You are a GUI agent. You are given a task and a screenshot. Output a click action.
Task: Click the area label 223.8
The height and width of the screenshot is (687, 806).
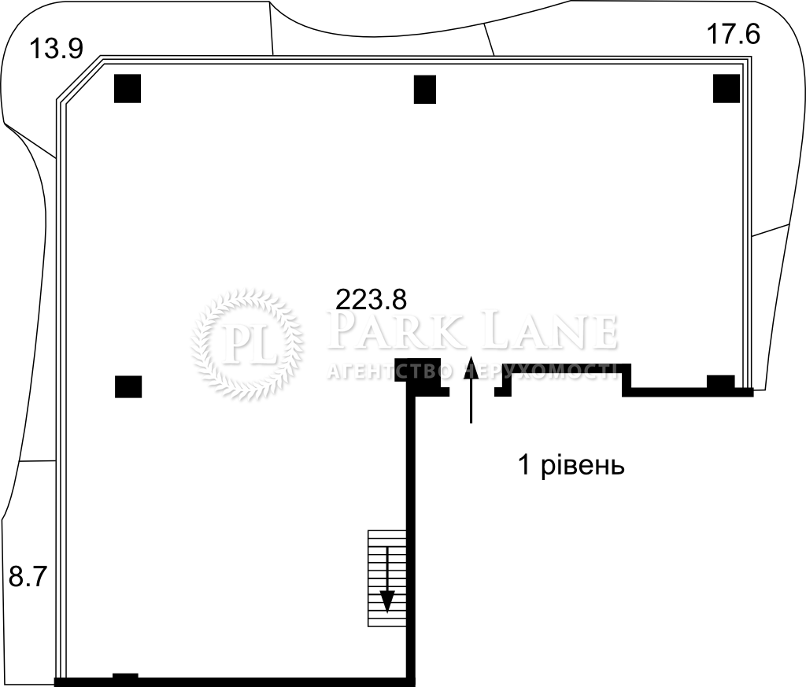tap(371, 299)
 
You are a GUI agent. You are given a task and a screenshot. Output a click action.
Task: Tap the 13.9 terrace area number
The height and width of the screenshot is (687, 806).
tap(56, 50)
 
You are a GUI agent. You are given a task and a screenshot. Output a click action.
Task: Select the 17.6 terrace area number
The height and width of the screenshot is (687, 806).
tap(733, 35)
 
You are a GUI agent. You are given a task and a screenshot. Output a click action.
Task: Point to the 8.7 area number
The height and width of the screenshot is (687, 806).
tap(28, 577)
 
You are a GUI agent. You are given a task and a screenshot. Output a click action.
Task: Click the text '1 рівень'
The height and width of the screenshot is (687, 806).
tap(571, 466)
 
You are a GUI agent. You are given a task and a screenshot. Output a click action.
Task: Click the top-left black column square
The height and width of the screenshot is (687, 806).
tap(128, 88)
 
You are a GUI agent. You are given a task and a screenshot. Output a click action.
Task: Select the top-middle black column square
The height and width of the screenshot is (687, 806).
tap(424, 90)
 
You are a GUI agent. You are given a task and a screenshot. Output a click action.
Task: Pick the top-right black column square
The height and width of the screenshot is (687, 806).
tap(727, 88)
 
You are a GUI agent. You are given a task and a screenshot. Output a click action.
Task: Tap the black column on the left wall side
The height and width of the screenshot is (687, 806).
tap(128, 386)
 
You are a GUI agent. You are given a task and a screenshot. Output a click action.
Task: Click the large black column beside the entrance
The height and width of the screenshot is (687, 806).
tap(417, 370)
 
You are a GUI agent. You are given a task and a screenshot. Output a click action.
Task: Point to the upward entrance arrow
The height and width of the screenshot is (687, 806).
tap(471, 389)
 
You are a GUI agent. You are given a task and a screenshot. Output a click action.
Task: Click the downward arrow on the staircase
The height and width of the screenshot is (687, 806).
tap(387, 580)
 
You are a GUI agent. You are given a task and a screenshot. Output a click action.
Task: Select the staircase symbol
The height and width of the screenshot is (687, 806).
tap(387, 578)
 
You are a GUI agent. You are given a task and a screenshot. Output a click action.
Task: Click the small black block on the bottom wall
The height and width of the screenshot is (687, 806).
tap(125, 676)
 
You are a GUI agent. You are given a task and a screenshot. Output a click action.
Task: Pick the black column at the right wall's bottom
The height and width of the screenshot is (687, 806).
tap(721, 382)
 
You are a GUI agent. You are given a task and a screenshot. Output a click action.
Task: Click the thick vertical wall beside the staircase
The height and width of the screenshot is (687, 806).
tap(411, 534)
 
